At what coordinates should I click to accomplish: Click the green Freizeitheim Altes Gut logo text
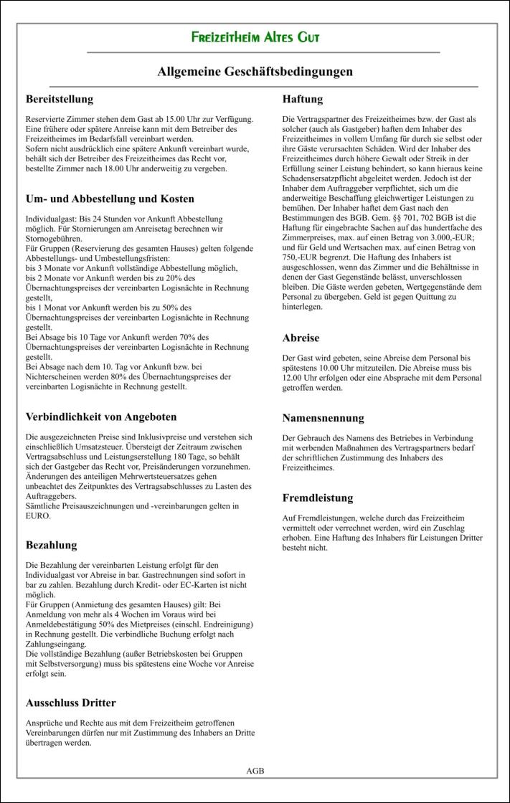pyautogui.click(x=255, y=37)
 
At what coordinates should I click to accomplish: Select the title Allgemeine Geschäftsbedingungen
pyautogui.click(x=255, y=72)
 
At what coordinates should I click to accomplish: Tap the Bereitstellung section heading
pyautogui.click(x=60, y=99)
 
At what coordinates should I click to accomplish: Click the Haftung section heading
pyautogui.click(x=303, y=99)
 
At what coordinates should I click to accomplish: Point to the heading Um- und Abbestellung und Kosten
pyautogui.click(x=110, y=199)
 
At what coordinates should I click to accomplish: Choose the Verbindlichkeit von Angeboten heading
pyautogui.click(x=101, y=417)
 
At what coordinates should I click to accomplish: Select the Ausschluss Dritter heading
pyautogui.click(x=70, y=703)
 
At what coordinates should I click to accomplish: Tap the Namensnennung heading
pyautogui.click(x=324, y=418)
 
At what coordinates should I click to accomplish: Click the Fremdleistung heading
pyautogui.click(x=318, y=498)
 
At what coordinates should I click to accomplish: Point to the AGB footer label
pyautogui.click(x=255, y=771)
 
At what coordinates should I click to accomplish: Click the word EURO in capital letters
pyautogui.click(x=38, y=516)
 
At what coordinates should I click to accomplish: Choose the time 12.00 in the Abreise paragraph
pyautogui.click(x=295, y=378)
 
